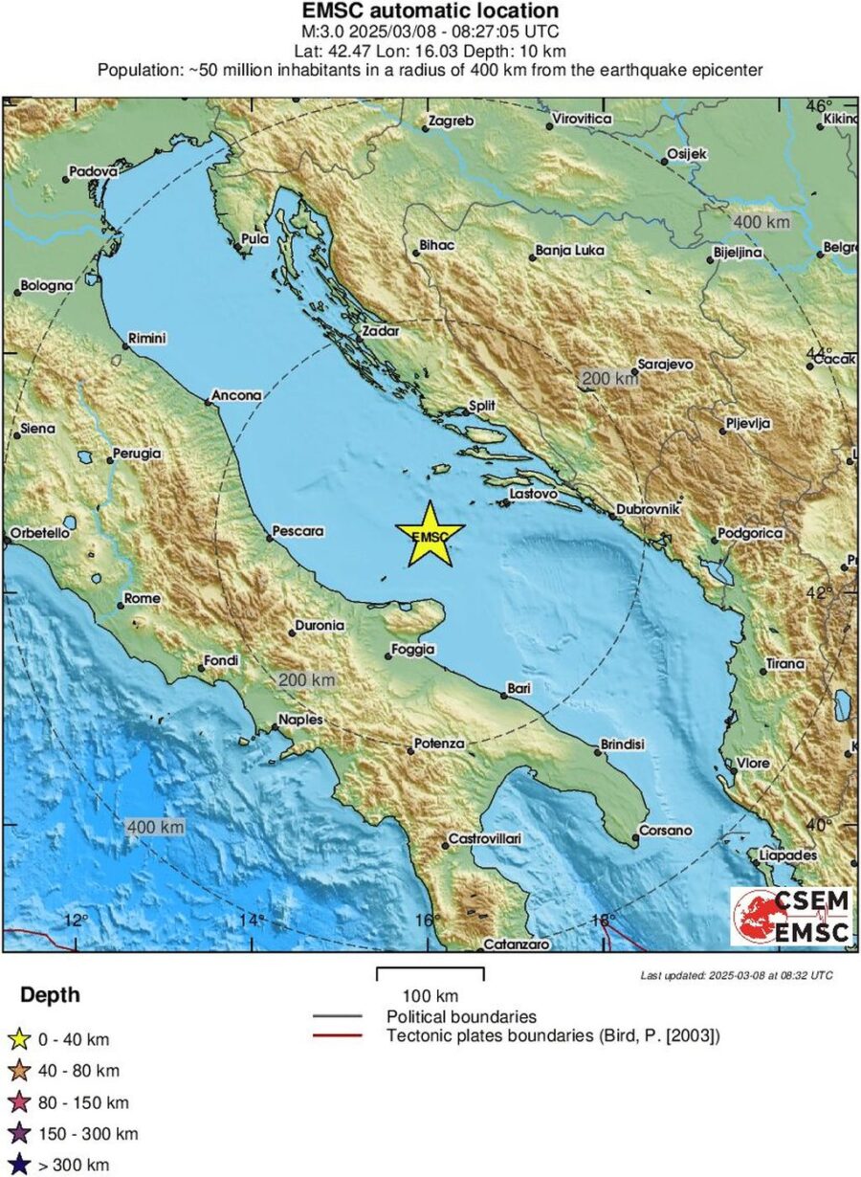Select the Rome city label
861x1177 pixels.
tap(143, 599)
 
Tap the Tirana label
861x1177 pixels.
tap(785, 664)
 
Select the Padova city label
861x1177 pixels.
tap(93, 173)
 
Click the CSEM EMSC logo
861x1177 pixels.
tap(791, 916)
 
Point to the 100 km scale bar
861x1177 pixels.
tap(430, 973)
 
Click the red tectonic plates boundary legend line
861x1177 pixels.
tap(337, 1035)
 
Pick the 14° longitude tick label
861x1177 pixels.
tap(251, 920)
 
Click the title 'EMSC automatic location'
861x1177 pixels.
tap(430, 11)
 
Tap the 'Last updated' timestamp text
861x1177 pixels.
tap(736, 975)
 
